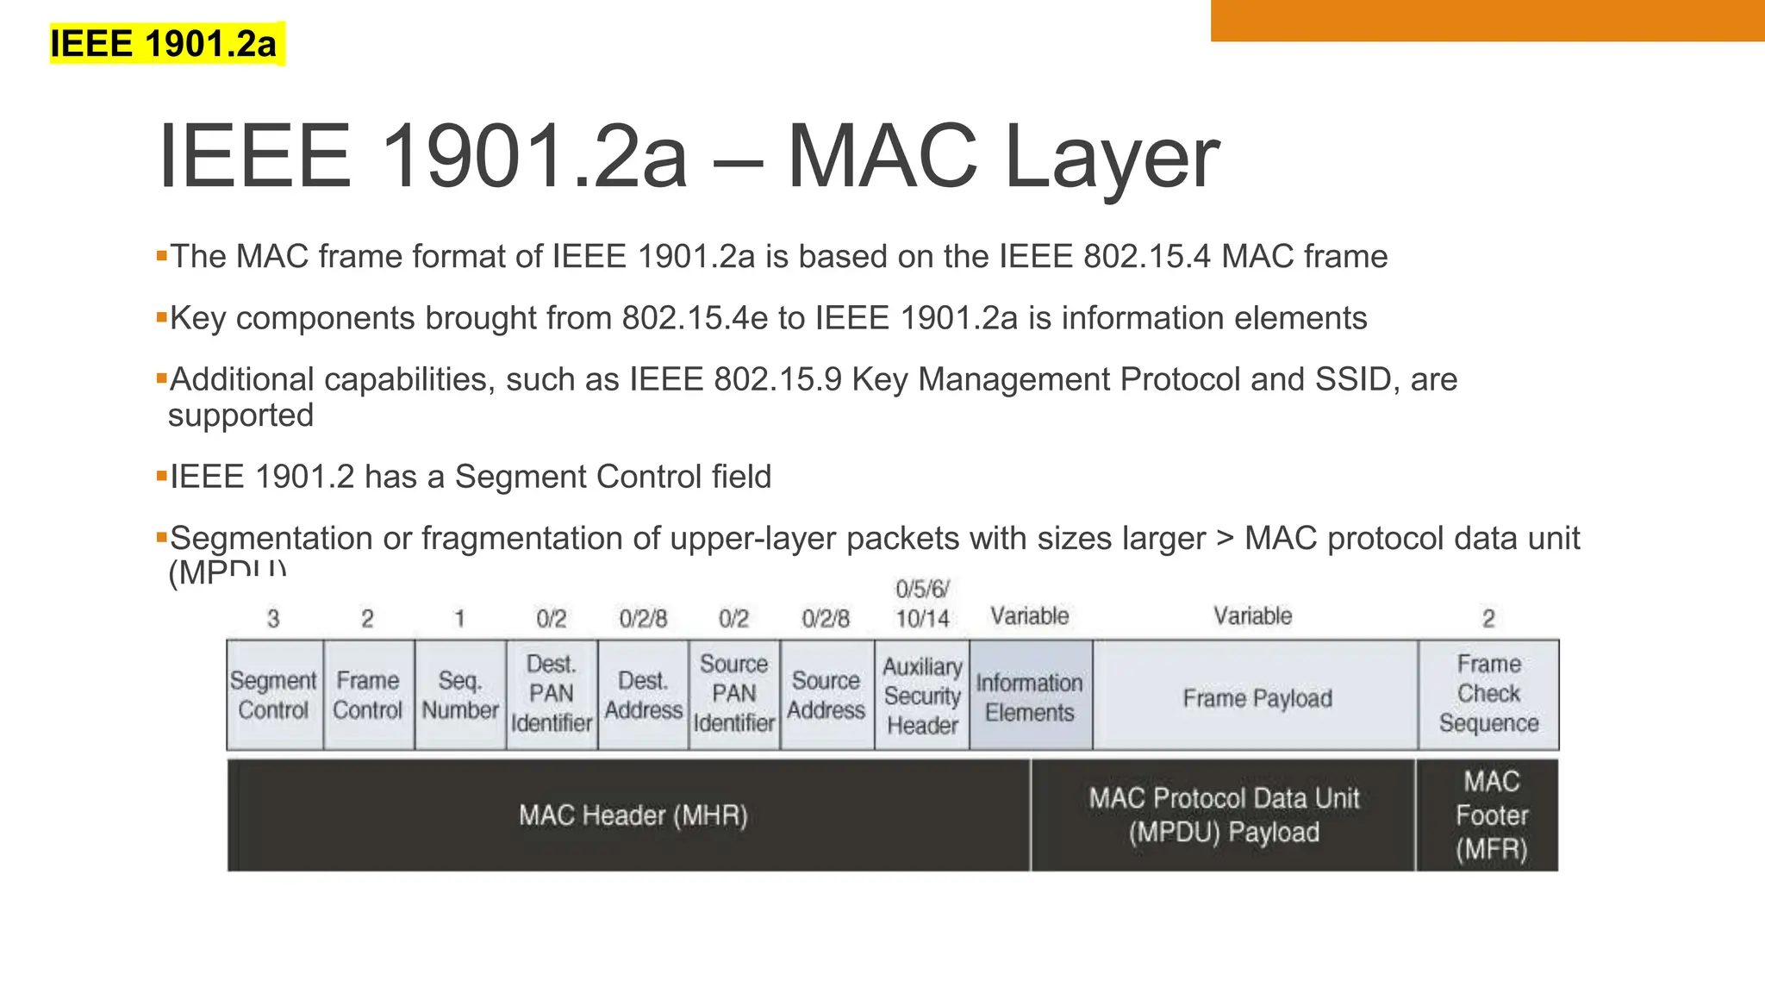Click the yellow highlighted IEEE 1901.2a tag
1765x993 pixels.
164,44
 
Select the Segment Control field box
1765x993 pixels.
274,695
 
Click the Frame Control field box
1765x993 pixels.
368,695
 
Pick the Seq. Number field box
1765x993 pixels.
460,695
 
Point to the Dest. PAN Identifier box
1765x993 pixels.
552,695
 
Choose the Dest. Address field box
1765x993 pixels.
643,695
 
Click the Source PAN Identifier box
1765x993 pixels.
734,695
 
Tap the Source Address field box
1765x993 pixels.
826,695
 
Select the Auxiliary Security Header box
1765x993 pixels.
922,695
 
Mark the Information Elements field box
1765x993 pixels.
1030,695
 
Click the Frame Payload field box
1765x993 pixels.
1257,695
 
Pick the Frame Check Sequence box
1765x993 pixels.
1488,695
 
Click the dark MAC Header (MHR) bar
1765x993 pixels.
633,815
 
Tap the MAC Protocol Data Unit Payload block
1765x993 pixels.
1224,815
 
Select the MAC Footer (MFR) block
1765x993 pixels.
1491,815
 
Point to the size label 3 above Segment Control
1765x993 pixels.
273,619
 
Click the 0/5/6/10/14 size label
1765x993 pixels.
922,604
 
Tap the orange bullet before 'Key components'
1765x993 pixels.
161,317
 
